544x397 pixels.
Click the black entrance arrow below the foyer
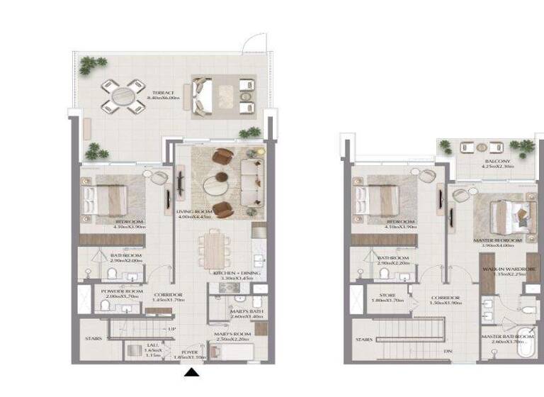191,373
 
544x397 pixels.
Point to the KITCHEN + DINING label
237,273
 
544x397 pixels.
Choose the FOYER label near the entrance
188,352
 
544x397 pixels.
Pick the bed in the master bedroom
504,213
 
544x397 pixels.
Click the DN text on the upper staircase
446,351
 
